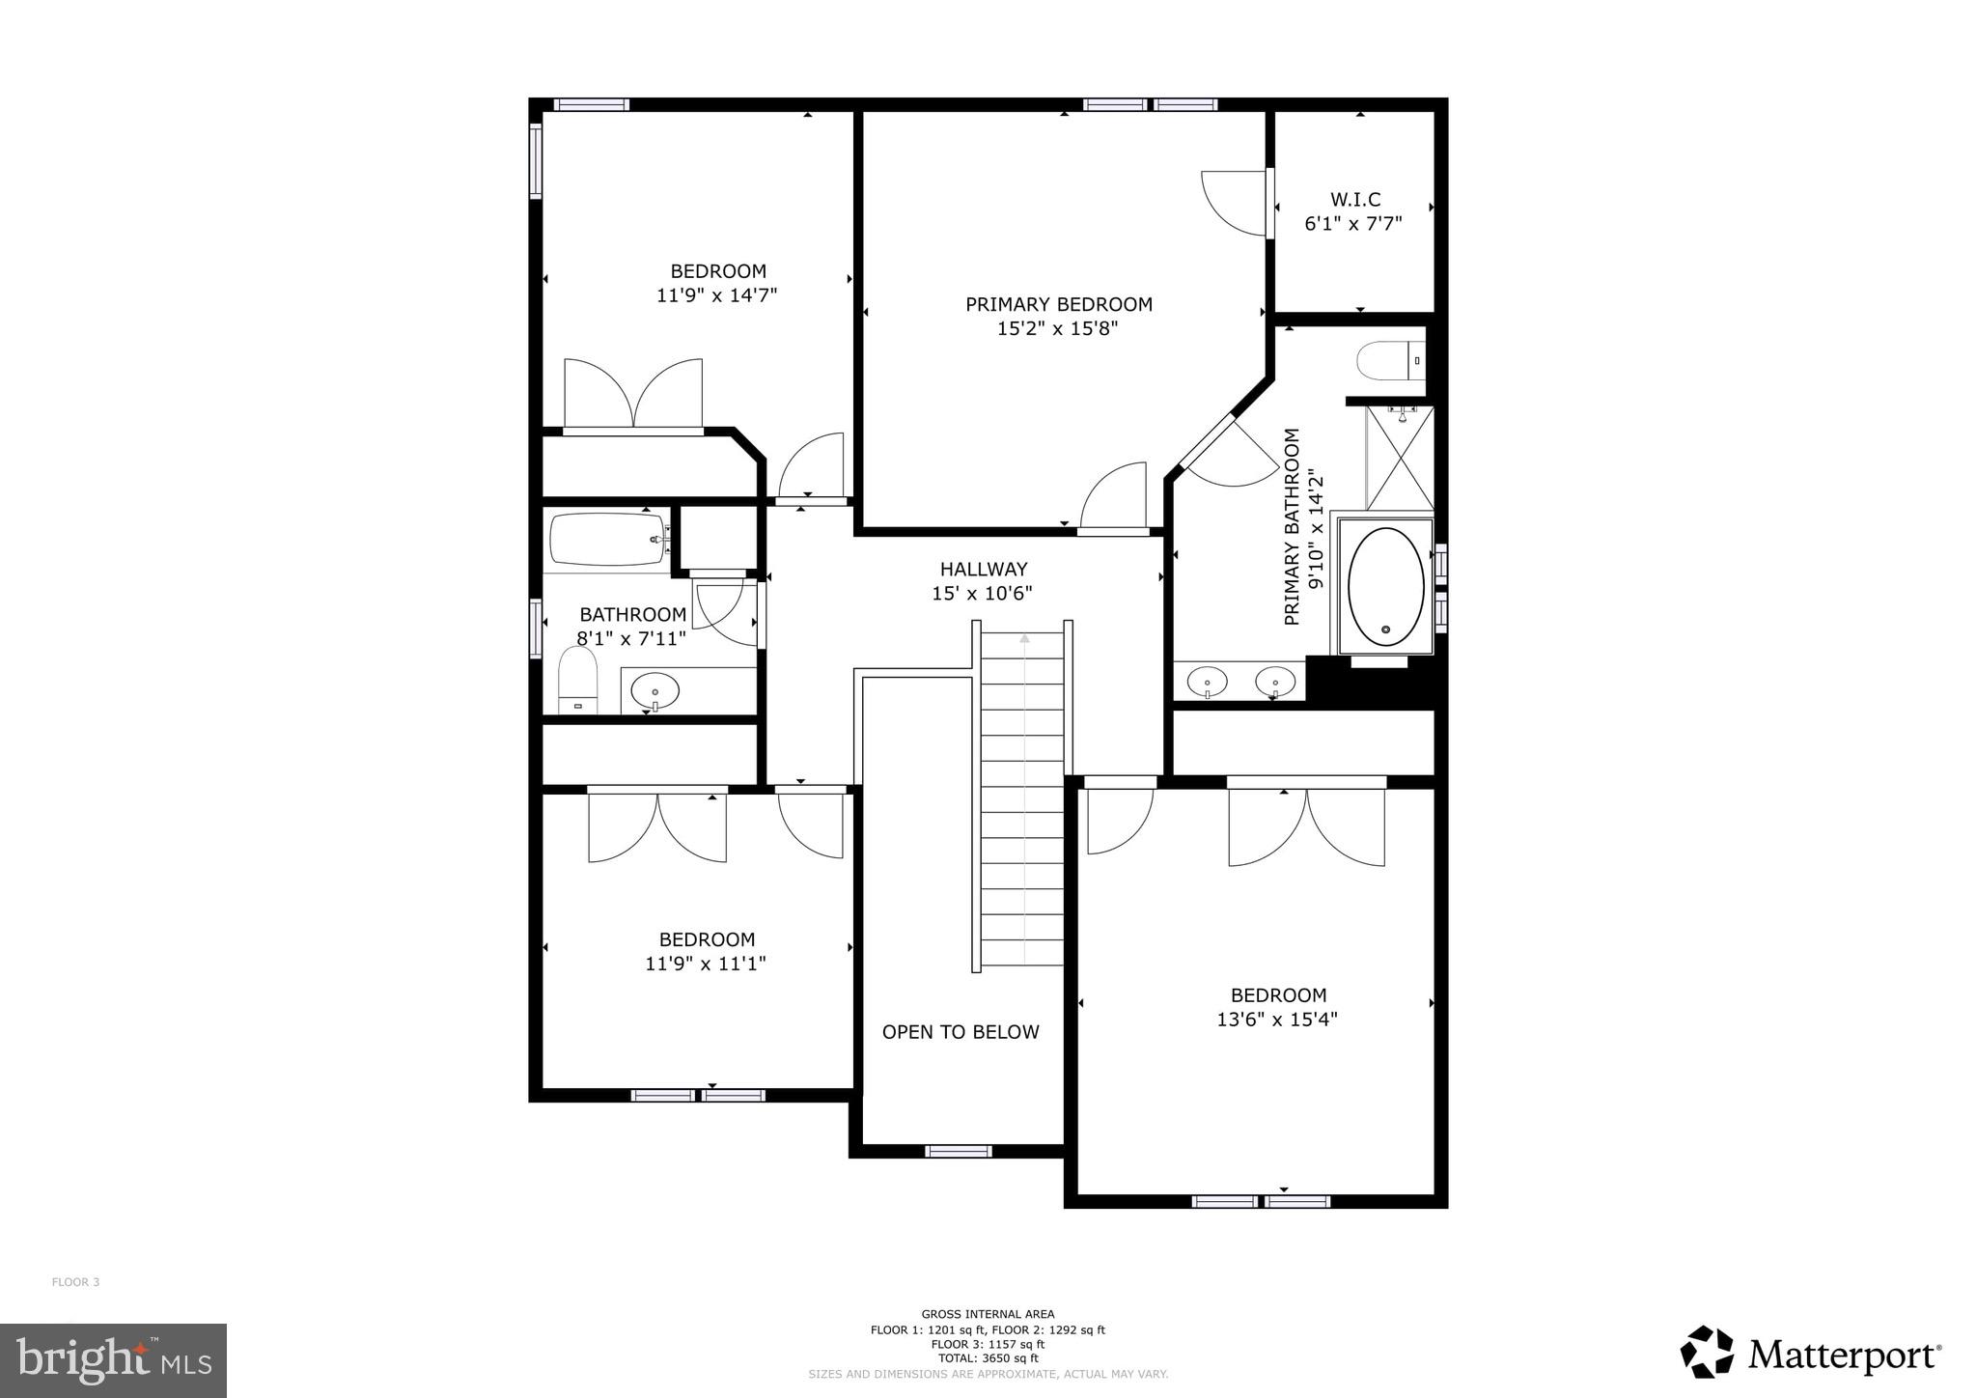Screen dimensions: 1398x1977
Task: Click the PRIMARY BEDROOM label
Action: pos(1058,304)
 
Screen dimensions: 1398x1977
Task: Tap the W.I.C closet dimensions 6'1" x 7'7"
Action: pos(1353,224)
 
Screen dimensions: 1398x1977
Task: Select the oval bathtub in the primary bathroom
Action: pos(1385,587)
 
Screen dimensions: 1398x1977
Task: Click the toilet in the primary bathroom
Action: pos(1387,362)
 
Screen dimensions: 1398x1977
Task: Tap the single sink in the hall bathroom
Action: pos(654,691)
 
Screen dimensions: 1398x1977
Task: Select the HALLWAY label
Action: pos(983,570)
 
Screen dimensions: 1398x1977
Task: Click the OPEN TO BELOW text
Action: pos(961,1032)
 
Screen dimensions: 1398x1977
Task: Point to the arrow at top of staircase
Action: pos(1024,637)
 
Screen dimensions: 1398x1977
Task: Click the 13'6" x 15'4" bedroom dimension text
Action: pos(1276,1020)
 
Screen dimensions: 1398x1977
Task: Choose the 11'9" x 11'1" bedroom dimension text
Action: pos(706,964)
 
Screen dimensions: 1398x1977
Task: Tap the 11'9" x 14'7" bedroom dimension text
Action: pos(716,295)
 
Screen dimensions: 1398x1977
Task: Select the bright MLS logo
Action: pos(114,1360)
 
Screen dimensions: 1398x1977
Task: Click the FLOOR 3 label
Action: pos(75,1282)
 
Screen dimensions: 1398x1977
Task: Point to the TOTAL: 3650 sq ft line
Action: pos(988,1358)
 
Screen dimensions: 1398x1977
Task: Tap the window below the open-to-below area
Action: pos(958,1151)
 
